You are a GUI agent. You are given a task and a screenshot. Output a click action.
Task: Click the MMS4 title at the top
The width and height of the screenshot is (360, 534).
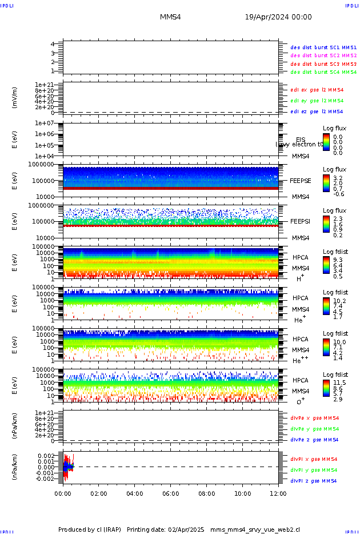pyautogui.click(x=170, y=17)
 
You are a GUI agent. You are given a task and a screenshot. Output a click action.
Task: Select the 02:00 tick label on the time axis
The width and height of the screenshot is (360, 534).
pyautogui.click(x=99, y=493)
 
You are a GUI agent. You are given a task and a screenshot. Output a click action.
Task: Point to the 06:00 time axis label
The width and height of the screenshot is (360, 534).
pyautogui.click(x=171, y=493)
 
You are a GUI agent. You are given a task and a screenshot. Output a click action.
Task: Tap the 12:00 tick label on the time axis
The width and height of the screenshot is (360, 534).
pyautogui.click(x=278, y=493)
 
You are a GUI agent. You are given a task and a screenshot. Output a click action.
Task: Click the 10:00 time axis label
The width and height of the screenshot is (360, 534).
pyautogui.click(x=242, y=493)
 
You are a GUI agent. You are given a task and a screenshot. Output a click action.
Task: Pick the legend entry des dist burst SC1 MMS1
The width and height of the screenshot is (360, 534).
pyautogui.click(x=323, y=47)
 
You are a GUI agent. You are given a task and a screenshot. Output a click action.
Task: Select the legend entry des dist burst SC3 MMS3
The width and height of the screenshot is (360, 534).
pyautogui.click(x=323, y=64)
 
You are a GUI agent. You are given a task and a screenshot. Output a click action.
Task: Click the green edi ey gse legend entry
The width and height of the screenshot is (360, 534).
pyautogui.click(x=317, y=101)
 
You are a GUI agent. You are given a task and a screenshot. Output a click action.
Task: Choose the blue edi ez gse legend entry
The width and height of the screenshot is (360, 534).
pyautogui.click(x=317, y=111)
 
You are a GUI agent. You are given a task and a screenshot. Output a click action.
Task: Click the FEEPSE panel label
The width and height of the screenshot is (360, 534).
pyautogui.click(x=301, y=181)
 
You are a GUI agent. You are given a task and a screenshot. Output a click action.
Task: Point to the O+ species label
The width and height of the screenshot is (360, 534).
pyautogui.click(x=300, y=401)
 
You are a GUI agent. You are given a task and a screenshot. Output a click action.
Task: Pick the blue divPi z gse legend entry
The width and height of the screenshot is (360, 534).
pyautogui.click(x=313, y=481)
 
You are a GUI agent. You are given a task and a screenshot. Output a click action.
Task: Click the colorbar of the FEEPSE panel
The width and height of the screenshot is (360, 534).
pyautogui.click(x=326, y=183)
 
